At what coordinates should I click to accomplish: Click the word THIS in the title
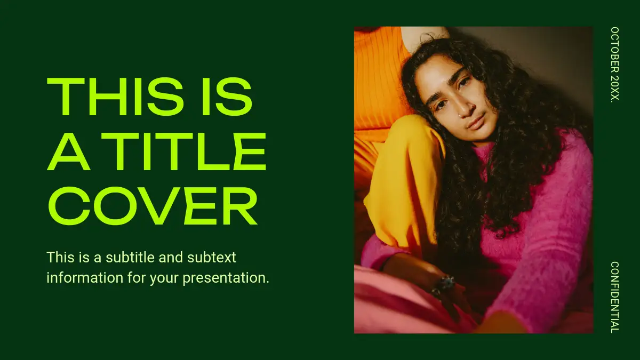click(x=115, y=97)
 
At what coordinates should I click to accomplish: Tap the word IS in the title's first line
click(x=227, y=97)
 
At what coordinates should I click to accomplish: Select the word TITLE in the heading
click(x=183, y=151)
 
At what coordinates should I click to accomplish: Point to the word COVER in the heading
click(x=153, y=206)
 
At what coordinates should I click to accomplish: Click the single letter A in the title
click(x=69, y=151)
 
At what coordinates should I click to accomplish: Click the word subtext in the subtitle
click(x=211, y=257)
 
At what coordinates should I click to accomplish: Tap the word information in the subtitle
click(x=85, y=277)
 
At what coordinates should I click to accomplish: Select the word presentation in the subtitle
click(x=226, y=278)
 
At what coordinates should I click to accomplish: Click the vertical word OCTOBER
click(x=614, y=50)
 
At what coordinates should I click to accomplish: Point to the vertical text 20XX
click(x=614, y=89)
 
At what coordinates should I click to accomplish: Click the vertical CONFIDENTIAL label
click(x=614, y=297)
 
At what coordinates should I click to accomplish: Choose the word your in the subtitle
click(x=165, y=278)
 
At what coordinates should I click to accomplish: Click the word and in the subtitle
click(x=171, y=257)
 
